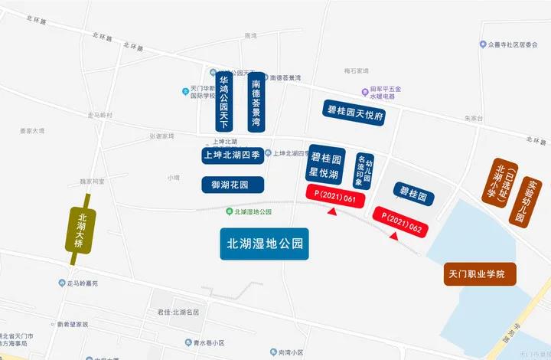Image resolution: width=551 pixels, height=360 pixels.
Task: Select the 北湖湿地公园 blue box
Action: (x=265, y=244)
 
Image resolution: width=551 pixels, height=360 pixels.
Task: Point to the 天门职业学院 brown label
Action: (x=480, y=273)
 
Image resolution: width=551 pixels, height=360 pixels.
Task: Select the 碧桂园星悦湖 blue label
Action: (x=326, y=165)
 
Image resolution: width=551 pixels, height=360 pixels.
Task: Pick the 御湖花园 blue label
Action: (x=233, y=185)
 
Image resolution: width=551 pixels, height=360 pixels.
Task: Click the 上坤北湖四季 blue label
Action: (x=233, y=154)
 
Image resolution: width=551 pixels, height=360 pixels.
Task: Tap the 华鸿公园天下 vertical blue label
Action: (x=225, y=103)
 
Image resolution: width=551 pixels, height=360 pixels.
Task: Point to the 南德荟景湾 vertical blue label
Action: (x=256, y=103)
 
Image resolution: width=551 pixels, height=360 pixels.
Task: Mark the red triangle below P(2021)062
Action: (x=393, y=237)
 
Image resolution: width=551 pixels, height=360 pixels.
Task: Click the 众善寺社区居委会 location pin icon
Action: (x=483, y=44)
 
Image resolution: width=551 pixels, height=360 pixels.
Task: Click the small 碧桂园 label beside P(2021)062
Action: (x=413, y=195)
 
